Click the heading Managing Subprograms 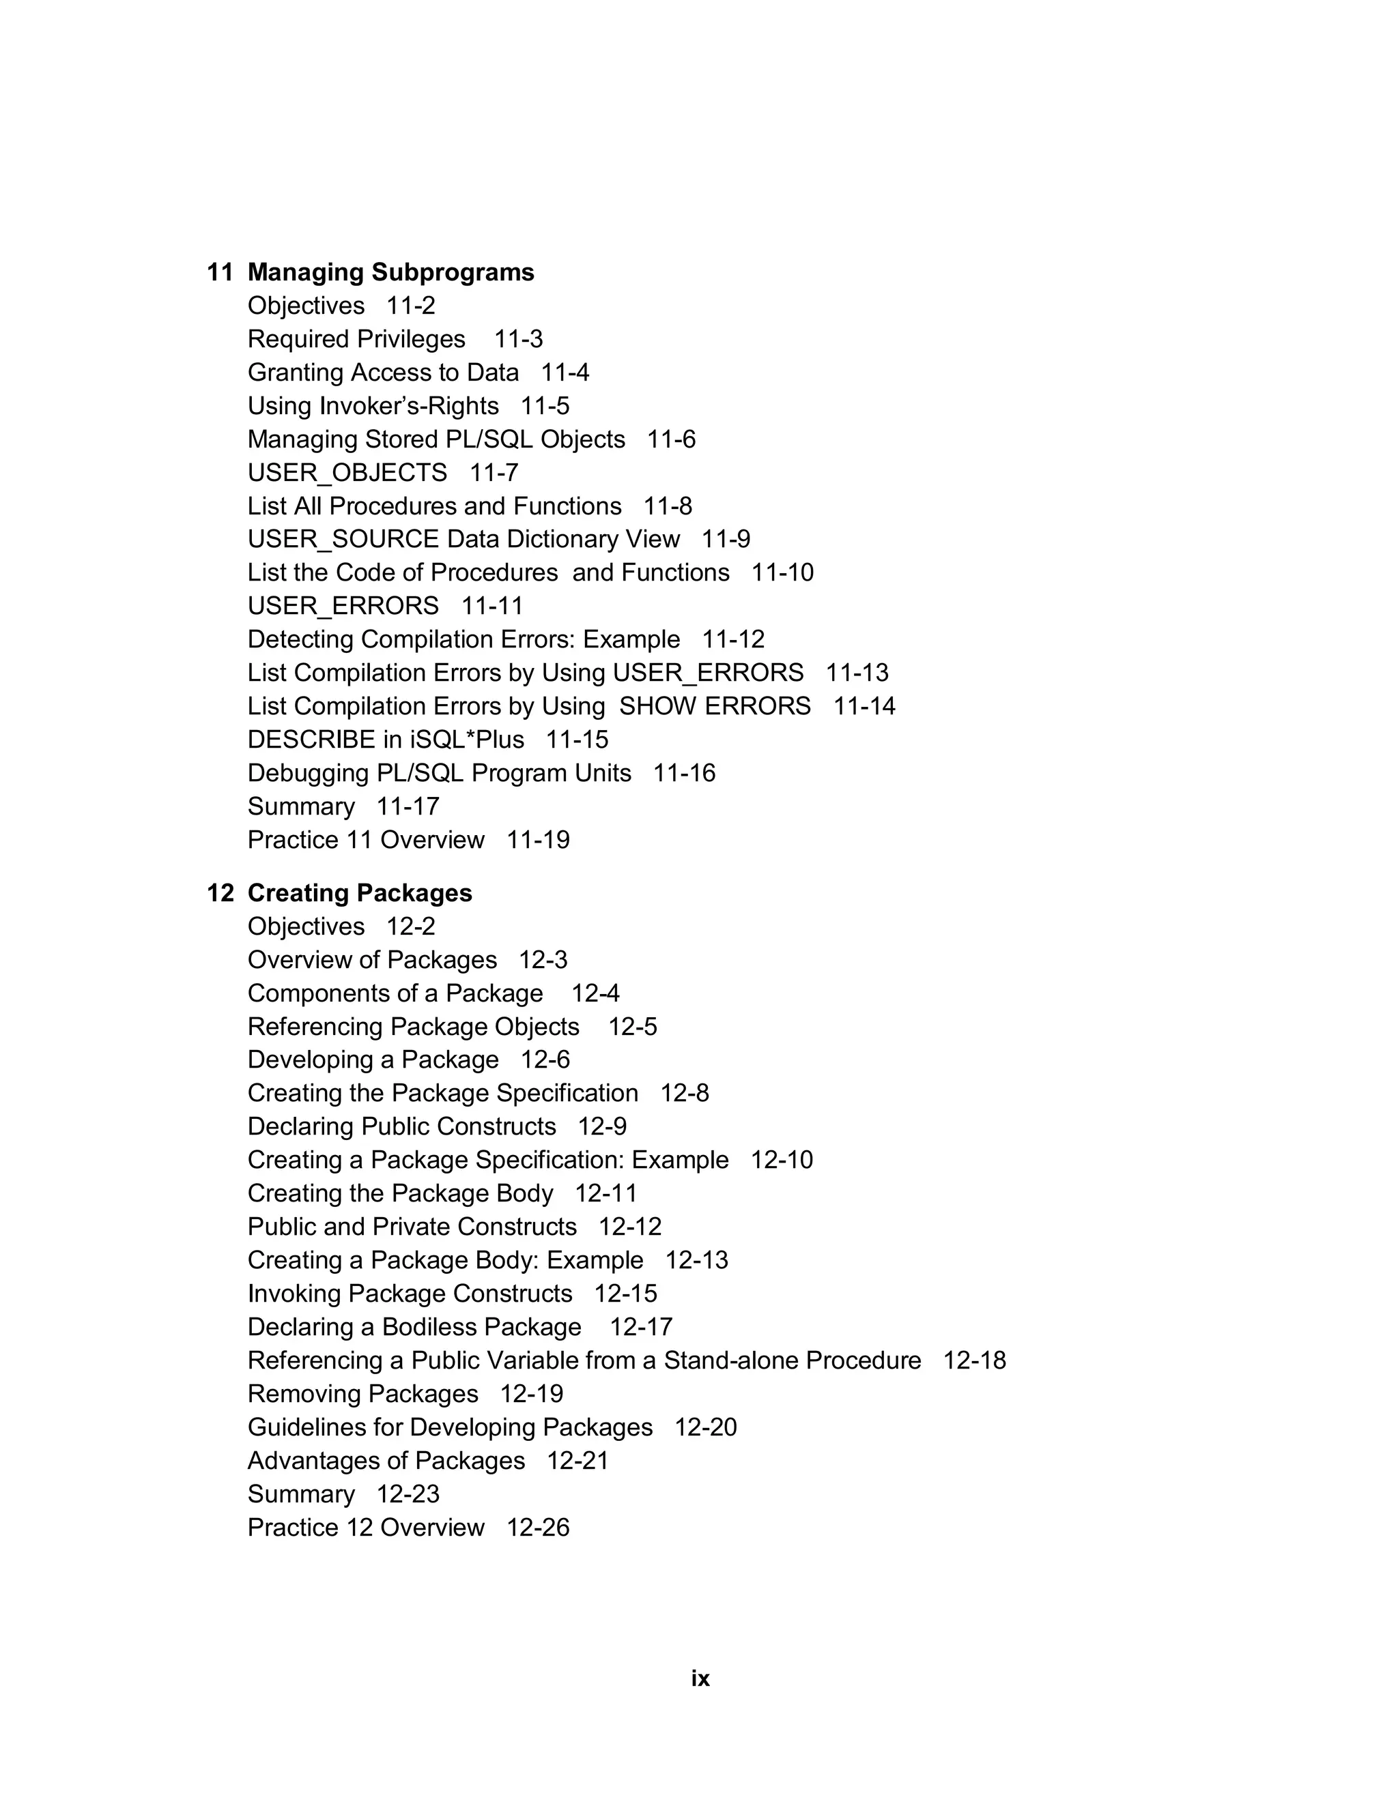391,272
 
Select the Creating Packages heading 360,893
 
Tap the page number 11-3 519,339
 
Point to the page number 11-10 782,573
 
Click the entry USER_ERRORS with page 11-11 343,606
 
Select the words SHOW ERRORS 715,706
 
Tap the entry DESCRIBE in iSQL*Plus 386,740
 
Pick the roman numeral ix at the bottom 700,1679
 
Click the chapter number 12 220,893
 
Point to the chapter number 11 220,272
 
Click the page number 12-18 974,1361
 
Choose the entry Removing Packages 362,1394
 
